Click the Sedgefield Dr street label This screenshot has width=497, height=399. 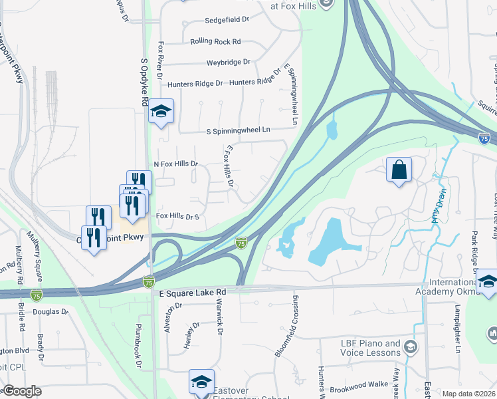[227, 20]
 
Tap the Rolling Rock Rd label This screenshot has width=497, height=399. [215, 41]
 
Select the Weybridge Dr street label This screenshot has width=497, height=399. [228, 63]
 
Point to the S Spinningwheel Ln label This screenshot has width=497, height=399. [239, 131]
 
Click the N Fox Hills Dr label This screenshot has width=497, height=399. [176, 164]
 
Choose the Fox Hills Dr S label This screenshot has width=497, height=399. [177, 217]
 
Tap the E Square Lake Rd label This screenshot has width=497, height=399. [193, 292]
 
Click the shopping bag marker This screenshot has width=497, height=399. [399, 170]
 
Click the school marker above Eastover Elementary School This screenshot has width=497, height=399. [201, 382]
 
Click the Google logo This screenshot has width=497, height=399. [22, 391]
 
